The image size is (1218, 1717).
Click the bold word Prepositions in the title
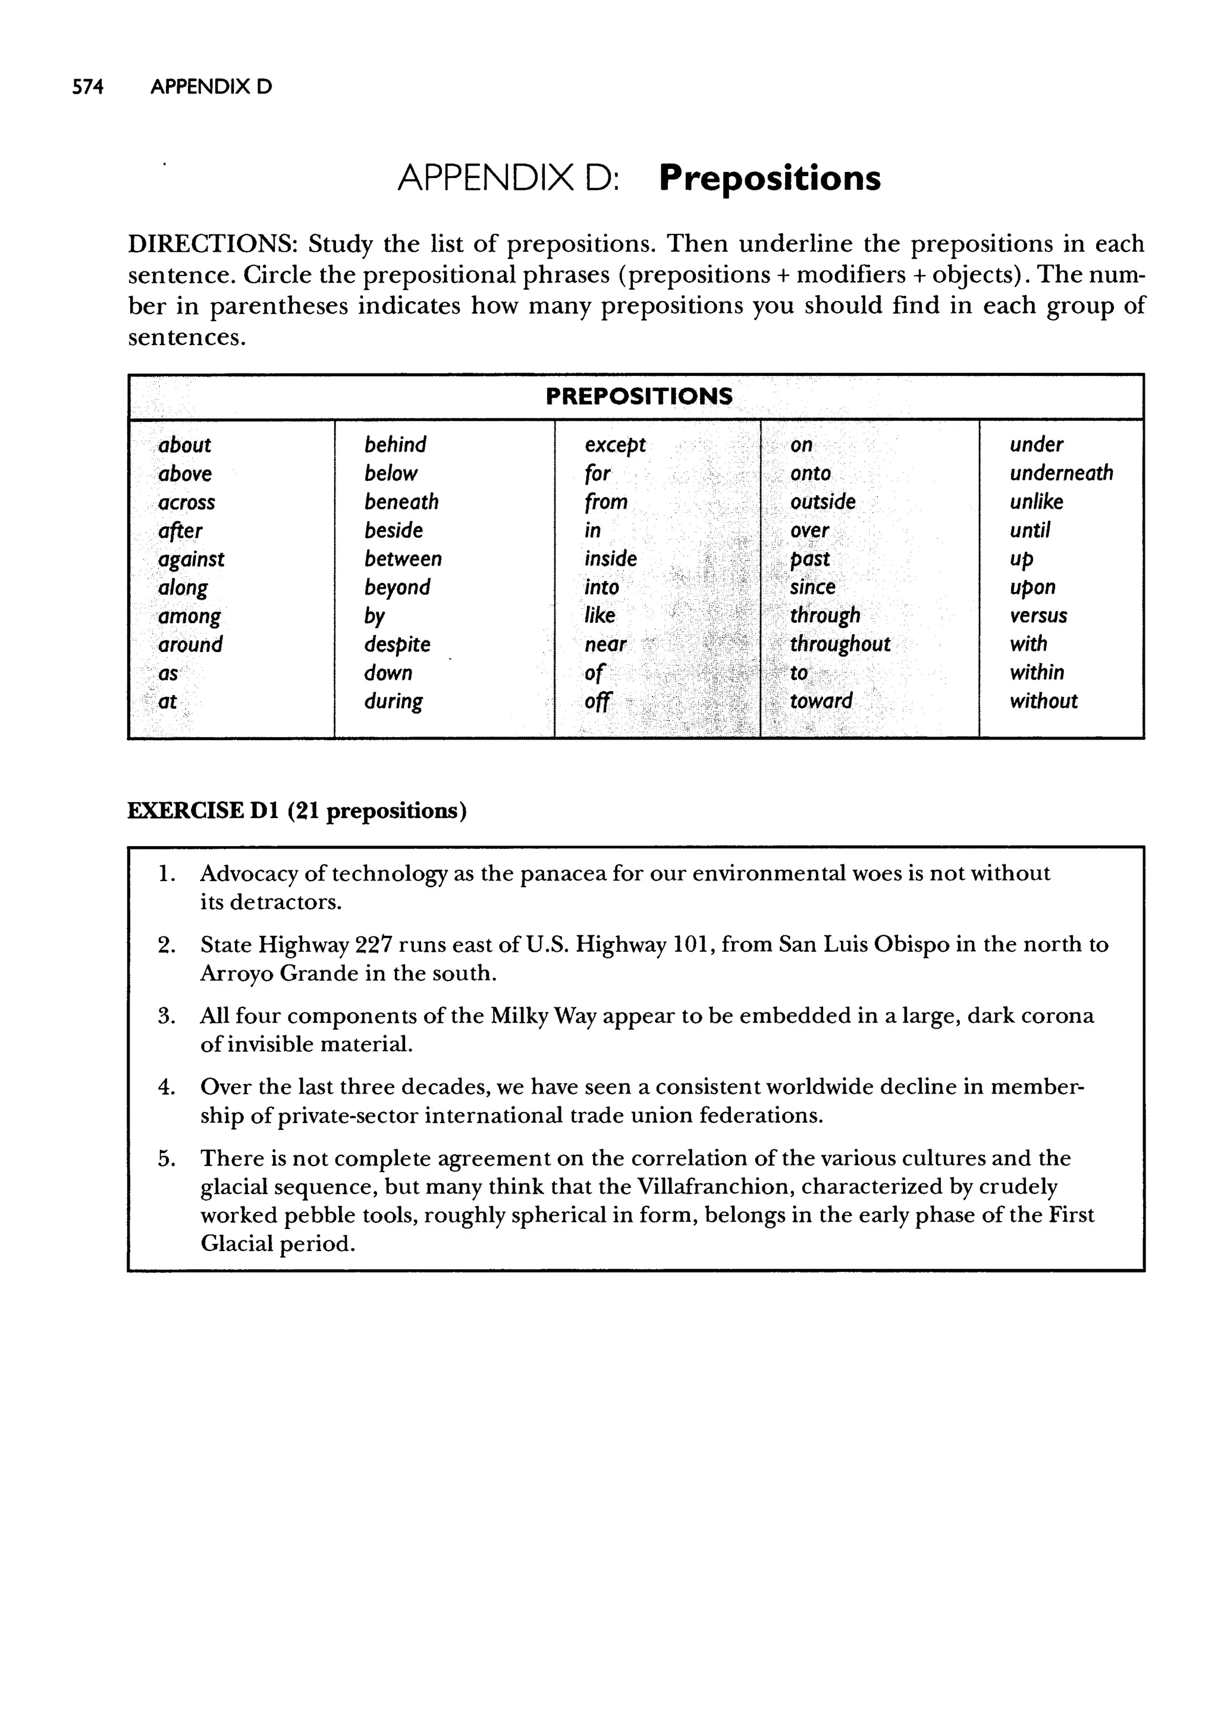pos(770,178)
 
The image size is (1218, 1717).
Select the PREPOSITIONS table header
pos(638,396)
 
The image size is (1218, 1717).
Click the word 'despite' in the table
pos(397,644)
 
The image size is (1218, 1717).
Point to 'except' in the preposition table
pos(614,445)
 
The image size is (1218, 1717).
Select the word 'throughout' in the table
pos(839,644)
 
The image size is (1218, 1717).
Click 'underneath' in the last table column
pos(1060,474)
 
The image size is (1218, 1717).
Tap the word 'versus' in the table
pos(1038,616)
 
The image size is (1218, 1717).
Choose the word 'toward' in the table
pos(821,701)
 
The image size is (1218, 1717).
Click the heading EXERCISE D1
pos(203,811)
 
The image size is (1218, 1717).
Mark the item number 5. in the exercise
pos(167,1158)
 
